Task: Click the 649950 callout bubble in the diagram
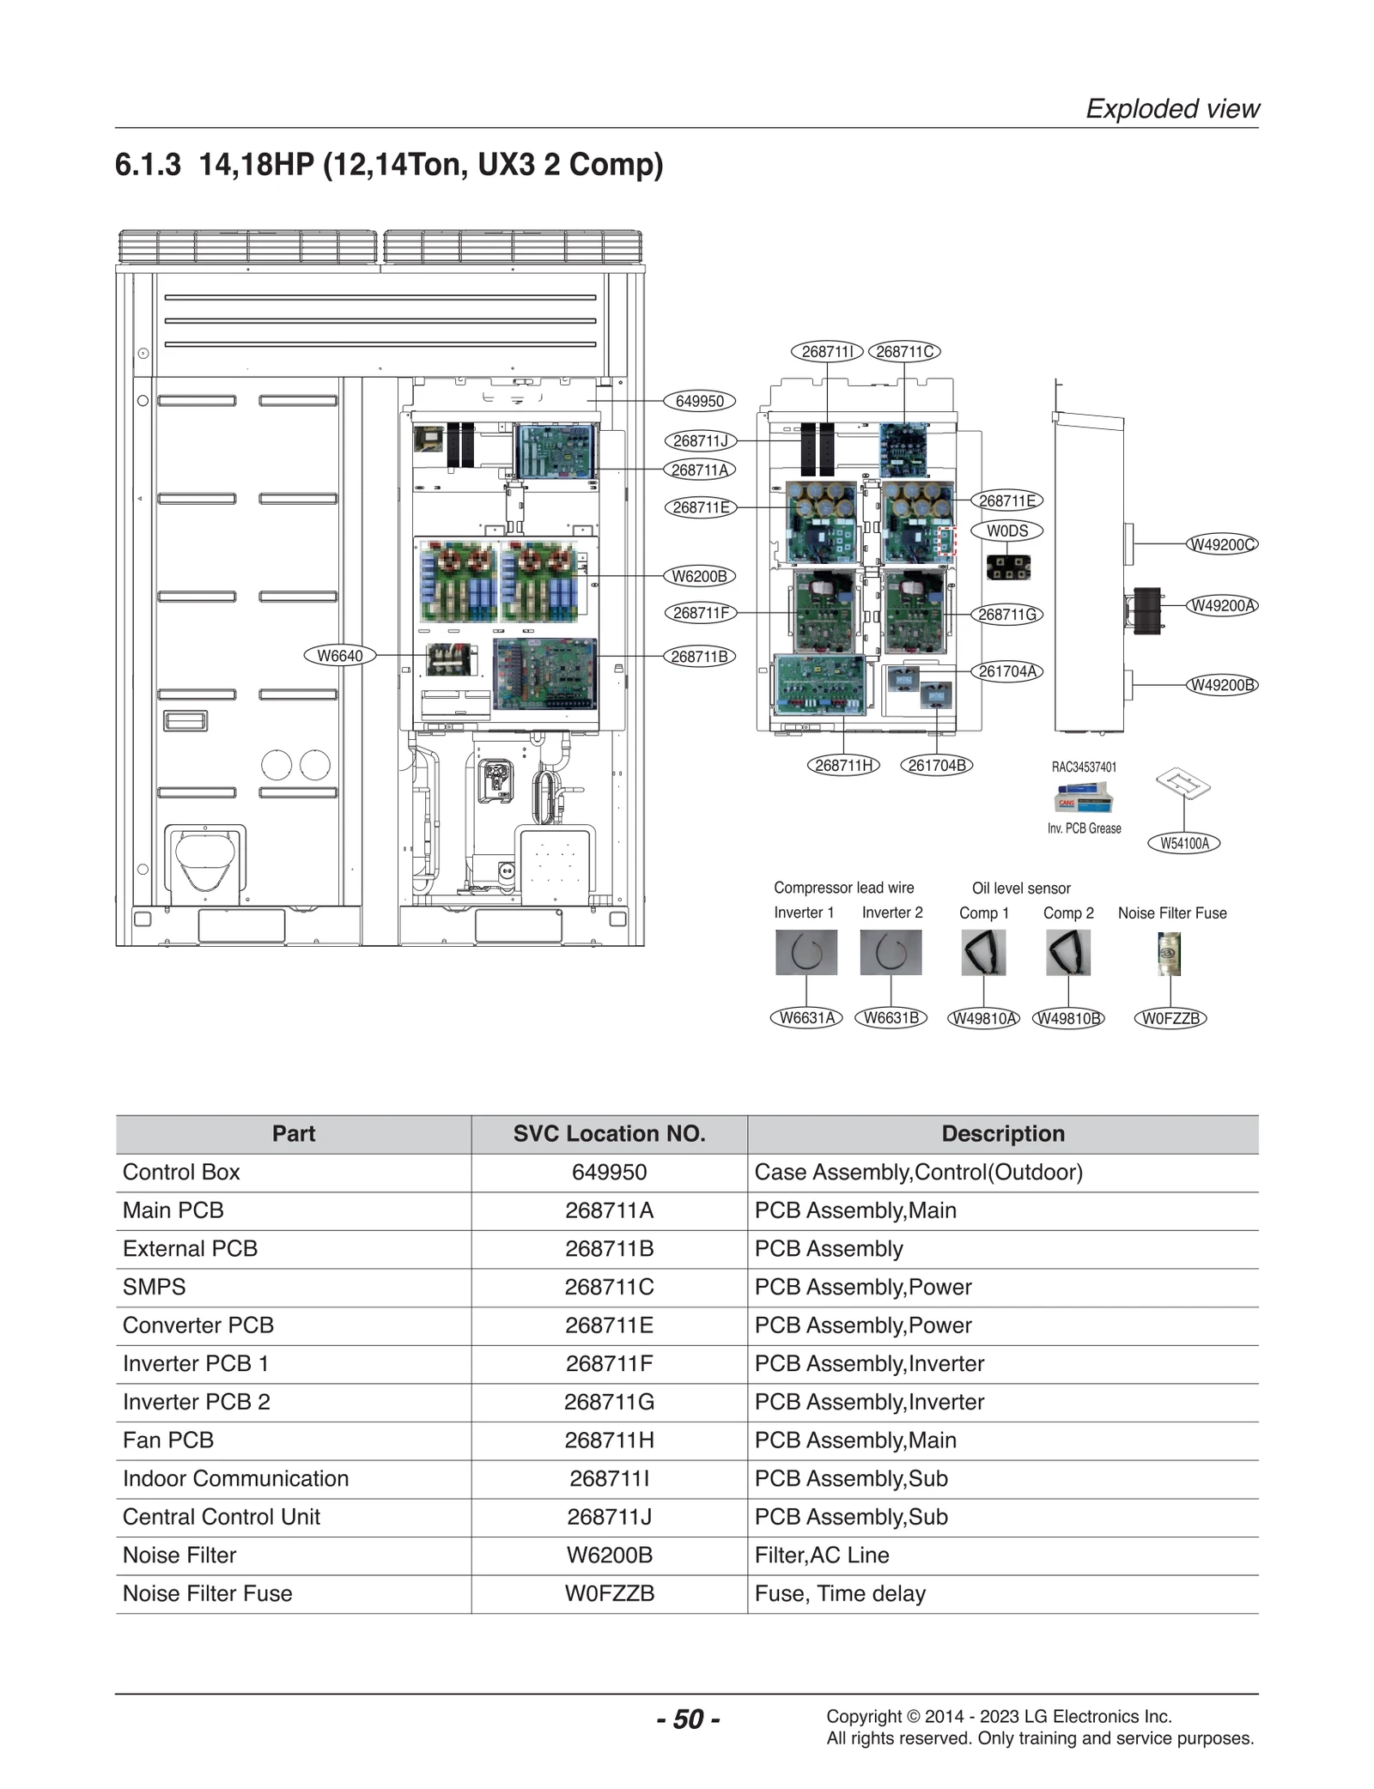tap(699, 401)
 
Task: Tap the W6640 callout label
tap(340, 656)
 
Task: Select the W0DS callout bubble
tap(1006, 531)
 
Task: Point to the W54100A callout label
tap(1184, 843)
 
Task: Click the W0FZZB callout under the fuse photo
tap(1170, 1018)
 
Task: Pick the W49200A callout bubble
tap(1222, 605)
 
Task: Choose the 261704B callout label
tap(936, 765)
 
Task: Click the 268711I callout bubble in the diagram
tap(826, 351)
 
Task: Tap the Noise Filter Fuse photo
tap(1169, 953)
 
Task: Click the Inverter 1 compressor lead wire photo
tap(806, 952)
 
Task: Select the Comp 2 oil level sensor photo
tap(1068, 952)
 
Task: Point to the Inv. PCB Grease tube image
tap(1084, 798)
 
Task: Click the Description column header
tap(1002, 1133)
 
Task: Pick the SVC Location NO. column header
tap(609, 1133)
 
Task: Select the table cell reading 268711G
tap(609, 1402)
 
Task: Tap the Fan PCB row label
tap(168, 1440)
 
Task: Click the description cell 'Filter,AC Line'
tap(822, 1555)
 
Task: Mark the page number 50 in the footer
tap(688, 1719)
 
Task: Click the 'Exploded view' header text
tap(1172, 108)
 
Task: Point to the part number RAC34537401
tap(1084, 767)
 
